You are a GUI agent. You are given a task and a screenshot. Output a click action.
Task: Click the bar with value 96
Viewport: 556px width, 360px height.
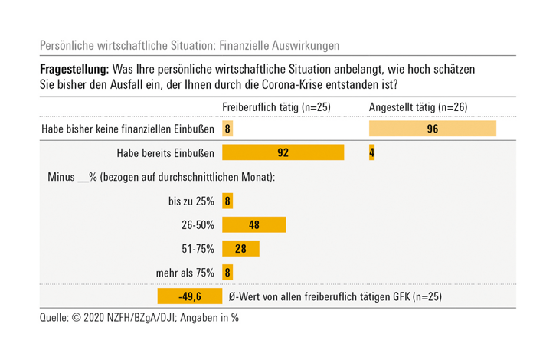pos(433,129)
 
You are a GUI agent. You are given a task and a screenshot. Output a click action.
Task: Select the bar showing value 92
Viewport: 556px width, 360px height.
pos(283,153)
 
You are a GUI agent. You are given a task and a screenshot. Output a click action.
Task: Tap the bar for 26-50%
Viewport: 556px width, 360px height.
pos(253,225)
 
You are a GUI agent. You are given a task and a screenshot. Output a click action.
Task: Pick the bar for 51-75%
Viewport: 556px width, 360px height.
pos(240,249)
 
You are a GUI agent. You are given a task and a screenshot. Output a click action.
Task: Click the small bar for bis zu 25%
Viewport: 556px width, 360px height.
pos(227,201)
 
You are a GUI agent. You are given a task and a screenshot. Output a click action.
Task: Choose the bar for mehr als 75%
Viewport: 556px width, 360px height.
pos(227,272)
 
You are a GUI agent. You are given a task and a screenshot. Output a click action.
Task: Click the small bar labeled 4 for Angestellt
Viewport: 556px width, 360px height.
pos(371,153)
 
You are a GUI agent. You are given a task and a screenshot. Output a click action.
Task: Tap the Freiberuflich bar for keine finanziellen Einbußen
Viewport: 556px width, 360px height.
pos(227,129)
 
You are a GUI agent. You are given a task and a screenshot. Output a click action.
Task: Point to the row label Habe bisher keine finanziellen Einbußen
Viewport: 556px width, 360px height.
pos(127,129)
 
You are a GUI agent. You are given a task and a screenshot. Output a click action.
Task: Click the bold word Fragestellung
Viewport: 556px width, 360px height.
pos(75,69)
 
